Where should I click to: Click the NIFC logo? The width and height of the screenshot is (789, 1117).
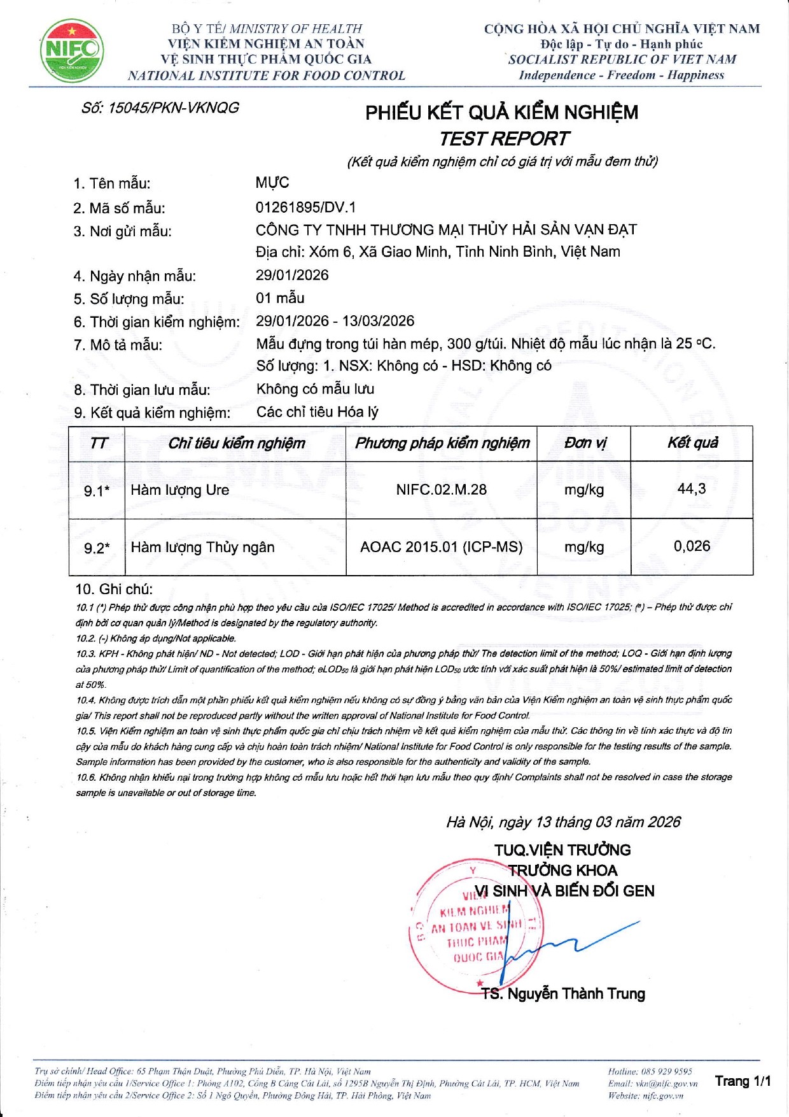[x=72, y=51]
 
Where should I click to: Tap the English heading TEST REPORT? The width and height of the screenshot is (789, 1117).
[x=504, y=138]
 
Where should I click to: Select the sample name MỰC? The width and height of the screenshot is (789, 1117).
[x=272, y=183]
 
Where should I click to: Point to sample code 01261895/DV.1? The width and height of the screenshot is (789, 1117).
[x=306, y=207]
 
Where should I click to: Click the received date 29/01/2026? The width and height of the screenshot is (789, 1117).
[x=292, y=275]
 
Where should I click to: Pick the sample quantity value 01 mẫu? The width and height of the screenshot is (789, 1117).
[x=280, y=298]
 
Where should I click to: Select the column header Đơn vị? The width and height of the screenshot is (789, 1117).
[x=585, y=443]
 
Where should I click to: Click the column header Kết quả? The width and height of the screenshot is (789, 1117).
[x=692, y=443]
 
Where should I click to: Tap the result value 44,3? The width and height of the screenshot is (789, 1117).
[x=692, y=488]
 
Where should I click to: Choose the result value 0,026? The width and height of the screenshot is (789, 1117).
[x=692, y=546]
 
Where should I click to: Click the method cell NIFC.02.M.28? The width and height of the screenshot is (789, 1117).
[x=441, y=490]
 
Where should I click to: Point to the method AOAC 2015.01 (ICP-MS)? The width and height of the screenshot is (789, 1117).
[x=441, y=547]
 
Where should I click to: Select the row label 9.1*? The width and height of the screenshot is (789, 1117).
[x=97, y=491]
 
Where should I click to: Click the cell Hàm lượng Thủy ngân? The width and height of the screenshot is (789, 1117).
[x=202, y=547]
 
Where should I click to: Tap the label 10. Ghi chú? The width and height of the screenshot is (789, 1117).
[x=114, y=589]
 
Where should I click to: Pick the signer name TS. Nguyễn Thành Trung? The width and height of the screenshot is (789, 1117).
[x=563, y=994]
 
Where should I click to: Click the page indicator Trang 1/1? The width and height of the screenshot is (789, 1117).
[x=743, y=1081]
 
